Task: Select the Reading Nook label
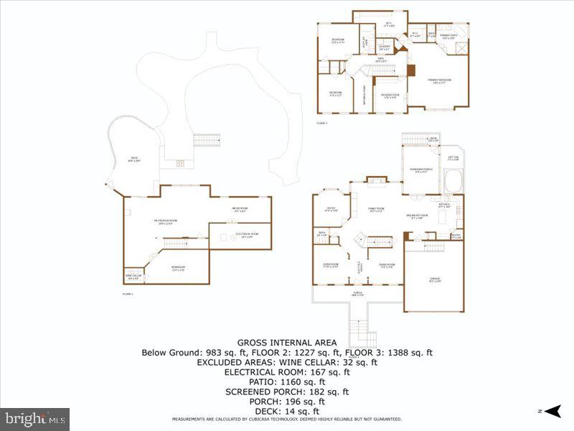pyautogui.click(x=390, y=96)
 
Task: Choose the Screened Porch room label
pyautogui.click(x=419, y=170)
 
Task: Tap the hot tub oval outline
pyautogui.click(x=453, y=181)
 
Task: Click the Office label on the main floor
pyautogui.click(x=330, y=210)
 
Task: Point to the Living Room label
pyautogui.click(x=330, y=266)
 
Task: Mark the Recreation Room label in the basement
pyautogui.click(x=165, y=222)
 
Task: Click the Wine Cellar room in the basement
pyautogui.click(x=129, y=277)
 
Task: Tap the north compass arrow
pyautogui.click(x=551, y=412)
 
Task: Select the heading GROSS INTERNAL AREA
pyautogui.click(x=287, y=342)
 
